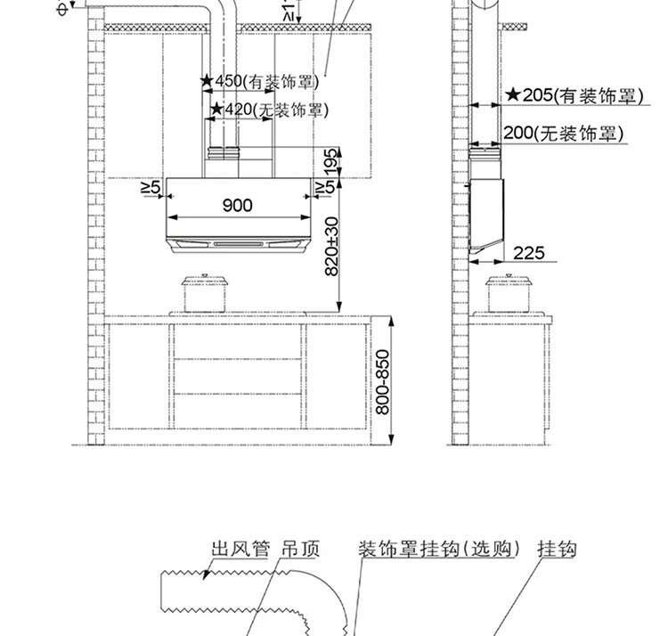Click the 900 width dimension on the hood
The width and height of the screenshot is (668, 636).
pyautogui.click(x=237, y=206)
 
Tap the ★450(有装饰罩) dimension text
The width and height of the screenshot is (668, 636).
pyautogui.click(x=258, y=82)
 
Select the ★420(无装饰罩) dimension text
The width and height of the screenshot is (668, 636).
pyautogui.click(x=268, y=110)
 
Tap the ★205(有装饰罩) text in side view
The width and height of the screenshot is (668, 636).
pyautogui.click(x=574, y=95)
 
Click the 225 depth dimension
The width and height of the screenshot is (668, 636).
pyautogui.click(x=529, y=253)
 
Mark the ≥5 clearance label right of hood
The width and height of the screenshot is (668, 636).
pyautogui.click(x=325, y=187)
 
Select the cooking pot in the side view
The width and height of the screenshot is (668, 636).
pyautogui.click(x=511, y=293)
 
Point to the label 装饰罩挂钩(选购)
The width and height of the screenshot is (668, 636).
pyautogui.click(x=438, y=549)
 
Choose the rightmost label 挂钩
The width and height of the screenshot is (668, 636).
pyautogui.click(x=557, y=549)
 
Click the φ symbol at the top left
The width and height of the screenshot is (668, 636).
pyautogui.click(x=61, y=8)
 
